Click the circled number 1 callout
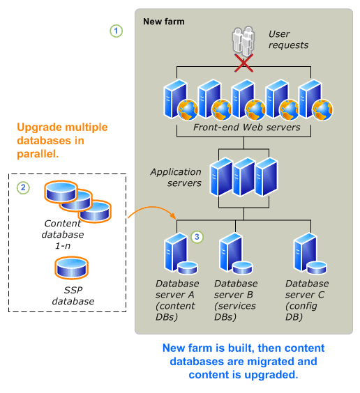[117, 31]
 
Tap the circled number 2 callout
[24, 187]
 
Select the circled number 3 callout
[197, 237]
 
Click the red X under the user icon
[243, 63]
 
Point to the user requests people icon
[243, 41]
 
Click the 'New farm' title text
[163, 22]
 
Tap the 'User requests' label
[288, 40]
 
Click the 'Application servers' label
[176, 177]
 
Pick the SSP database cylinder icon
[72, 268]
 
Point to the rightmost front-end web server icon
[312, 100]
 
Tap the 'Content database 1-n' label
[62, 233]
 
